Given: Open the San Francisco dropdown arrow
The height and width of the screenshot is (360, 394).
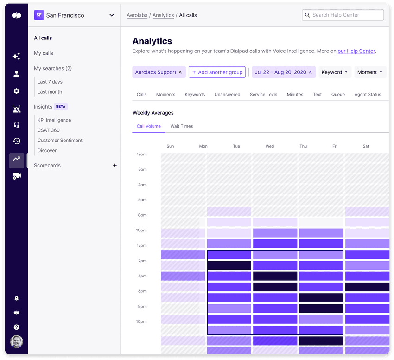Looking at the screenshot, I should pos(112,15).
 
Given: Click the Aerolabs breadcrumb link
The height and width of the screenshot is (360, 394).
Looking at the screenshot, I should pos(137,15).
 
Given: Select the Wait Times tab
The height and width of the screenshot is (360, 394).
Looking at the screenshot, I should pos(181,126).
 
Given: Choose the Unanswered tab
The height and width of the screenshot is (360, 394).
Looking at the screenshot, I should pos(227,95).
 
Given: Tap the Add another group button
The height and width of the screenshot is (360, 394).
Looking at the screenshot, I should pos(217,72).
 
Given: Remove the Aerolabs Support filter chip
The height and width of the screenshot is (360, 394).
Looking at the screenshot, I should pos(180,72).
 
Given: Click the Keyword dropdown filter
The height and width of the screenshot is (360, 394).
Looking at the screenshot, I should pos(335,72).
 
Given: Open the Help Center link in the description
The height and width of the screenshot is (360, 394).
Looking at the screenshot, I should pos(356,51).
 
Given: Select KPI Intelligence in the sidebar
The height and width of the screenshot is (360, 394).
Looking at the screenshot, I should pos(54,120).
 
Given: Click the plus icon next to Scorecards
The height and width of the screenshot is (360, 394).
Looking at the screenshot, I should pos(115,166).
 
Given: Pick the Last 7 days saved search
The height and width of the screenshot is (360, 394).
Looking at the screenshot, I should pos(50,82).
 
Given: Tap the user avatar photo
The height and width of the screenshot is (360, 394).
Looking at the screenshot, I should pos(17,341).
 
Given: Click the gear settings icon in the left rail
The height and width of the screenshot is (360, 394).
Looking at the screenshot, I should pos(17,91).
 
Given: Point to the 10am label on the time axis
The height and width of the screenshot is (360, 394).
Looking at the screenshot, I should pos(141,231).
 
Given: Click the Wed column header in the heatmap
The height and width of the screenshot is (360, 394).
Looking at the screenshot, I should pos(269,146).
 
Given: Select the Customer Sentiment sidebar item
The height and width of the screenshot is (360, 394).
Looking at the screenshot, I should pos(60,141).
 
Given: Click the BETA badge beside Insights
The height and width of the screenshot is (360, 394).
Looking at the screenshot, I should pos(61,107).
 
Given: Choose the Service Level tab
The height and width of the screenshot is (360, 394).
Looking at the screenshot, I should pos(263,95).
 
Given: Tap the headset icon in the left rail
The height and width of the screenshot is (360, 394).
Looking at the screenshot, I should pos(17,125).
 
